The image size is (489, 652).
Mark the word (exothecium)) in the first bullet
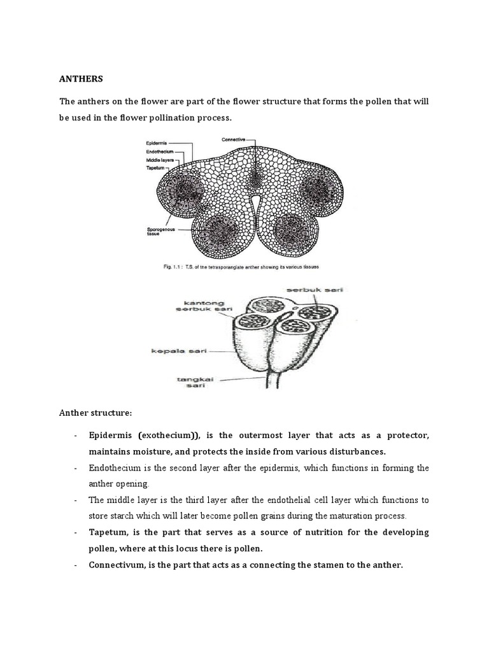point(169,435)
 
